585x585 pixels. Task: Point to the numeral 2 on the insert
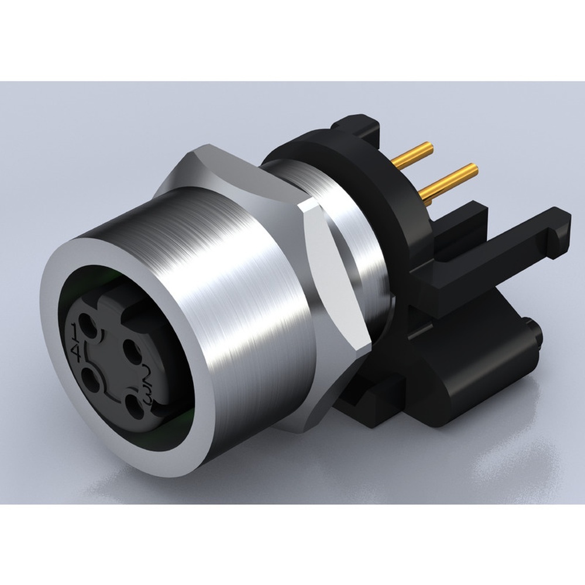point(147,372)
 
